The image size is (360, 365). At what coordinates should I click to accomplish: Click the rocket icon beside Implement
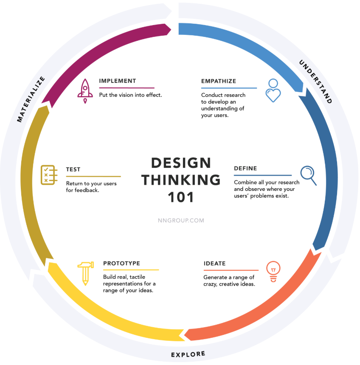[85, 91]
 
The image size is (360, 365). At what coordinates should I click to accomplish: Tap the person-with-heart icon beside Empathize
[273, 91]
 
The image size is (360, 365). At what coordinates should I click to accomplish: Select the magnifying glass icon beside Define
[308, 175]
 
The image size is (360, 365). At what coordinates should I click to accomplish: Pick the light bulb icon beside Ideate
[273, 272]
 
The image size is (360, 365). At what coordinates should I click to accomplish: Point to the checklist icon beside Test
[49, 175]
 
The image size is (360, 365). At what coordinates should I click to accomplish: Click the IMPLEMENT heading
[118, 81]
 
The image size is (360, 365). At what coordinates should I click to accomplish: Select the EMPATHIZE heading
[219, 81]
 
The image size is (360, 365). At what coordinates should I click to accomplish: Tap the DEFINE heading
[245, 168]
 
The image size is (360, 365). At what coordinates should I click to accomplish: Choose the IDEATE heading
[215, 263]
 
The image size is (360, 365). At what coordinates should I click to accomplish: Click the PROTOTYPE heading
[122, 263]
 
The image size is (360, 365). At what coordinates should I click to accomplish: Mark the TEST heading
[73, 169]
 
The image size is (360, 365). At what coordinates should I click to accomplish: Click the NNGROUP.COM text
[181, 221]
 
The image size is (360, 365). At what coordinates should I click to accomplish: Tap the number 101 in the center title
[181, 197]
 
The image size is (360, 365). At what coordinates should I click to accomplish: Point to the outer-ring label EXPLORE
[188, 354]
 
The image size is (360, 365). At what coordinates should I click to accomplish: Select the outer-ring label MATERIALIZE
[31, 99]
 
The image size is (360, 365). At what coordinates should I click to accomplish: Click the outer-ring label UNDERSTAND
[315, 82]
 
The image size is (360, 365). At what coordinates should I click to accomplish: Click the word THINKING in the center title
[181, 180]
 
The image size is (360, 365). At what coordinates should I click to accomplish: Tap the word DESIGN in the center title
[181, 163]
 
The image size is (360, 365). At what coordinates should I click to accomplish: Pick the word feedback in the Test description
[87, 190]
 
